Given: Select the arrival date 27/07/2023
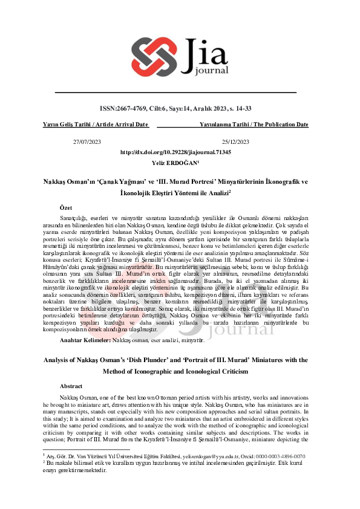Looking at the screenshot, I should [87, 141].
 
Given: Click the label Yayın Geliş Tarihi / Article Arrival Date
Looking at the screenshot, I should [96, 125].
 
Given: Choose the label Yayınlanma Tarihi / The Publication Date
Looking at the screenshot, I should [254, 125].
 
